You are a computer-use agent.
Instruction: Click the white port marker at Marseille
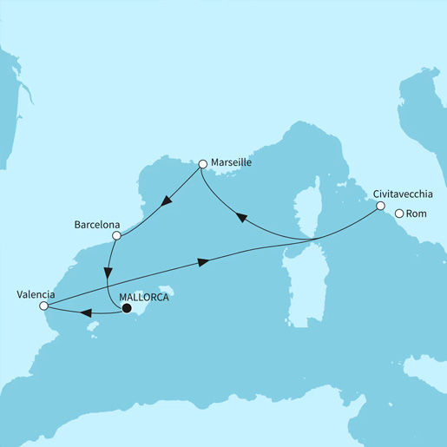point(202,163)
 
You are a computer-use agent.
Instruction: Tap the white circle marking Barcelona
point(117,234)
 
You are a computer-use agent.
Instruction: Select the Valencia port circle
point(43,305)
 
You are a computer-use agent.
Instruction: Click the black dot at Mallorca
point(127,307)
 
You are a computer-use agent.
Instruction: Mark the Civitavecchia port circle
point(379,206)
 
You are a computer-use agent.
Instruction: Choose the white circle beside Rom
point(399,214)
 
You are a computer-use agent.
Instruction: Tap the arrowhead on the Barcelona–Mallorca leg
point(107,271)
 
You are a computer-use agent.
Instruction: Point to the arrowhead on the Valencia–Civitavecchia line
point(203,261)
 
